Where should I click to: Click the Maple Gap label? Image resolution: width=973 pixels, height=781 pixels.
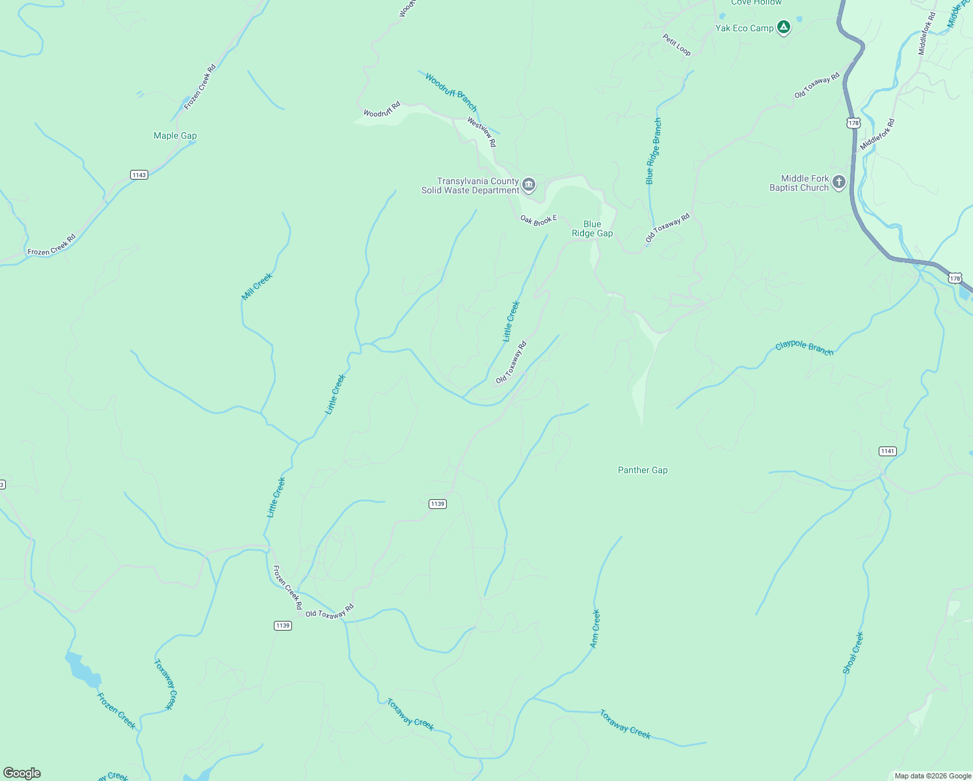pos(175,135)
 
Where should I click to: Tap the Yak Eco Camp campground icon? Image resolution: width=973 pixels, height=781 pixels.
pos(784,27)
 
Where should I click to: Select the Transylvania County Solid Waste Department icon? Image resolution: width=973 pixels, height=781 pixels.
pos(529,185)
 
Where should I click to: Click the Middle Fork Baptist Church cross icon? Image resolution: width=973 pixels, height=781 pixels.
pos(839,182)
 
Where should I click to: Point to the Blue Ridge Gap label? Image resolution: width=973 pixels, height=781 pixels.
pos(592,228)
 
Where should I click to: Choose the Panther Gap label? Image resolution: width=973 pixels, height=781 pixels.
pos(643,470)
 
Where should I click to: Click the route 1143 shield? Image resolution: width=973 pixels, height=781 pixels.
pos(139,174)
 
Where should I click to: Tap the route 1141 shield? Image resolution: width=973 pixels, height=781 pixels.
pos(887,451)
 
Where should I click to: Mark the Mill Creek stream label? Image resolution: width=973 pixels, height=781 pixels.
pos(257,286)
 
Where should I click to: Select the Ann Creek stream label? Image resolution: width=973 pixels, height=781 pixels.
pos(595,629)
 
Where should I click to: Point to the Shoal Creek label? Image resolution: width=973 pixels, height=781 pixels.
pos(853,653)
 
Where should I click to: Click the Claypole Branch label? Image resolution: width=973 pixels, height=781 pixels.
pos(804,348)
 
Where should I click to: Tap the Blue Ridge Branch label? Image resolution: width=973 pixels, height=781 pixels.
pos(653,151)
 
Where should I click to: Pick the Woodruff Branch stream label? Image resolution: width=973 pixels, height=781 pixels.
pos(451,92)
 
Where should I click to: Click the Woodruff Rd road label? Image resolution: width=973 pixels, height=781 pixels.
pos(381,109)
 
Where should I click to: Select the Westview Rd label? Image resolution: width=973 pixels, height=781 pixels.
pos(482,131)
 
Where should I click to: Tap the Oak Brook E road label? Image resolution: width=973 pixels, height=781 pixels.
pos(539,220)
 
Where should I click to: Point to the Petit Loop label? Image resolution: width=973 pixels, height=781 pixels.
pos(677,45)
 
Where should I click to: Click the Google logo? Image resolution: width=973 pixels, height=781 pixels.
pos(22,773)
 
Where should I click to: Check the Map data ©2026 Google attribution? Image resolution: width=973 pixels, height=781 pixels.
pos(932,776)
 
